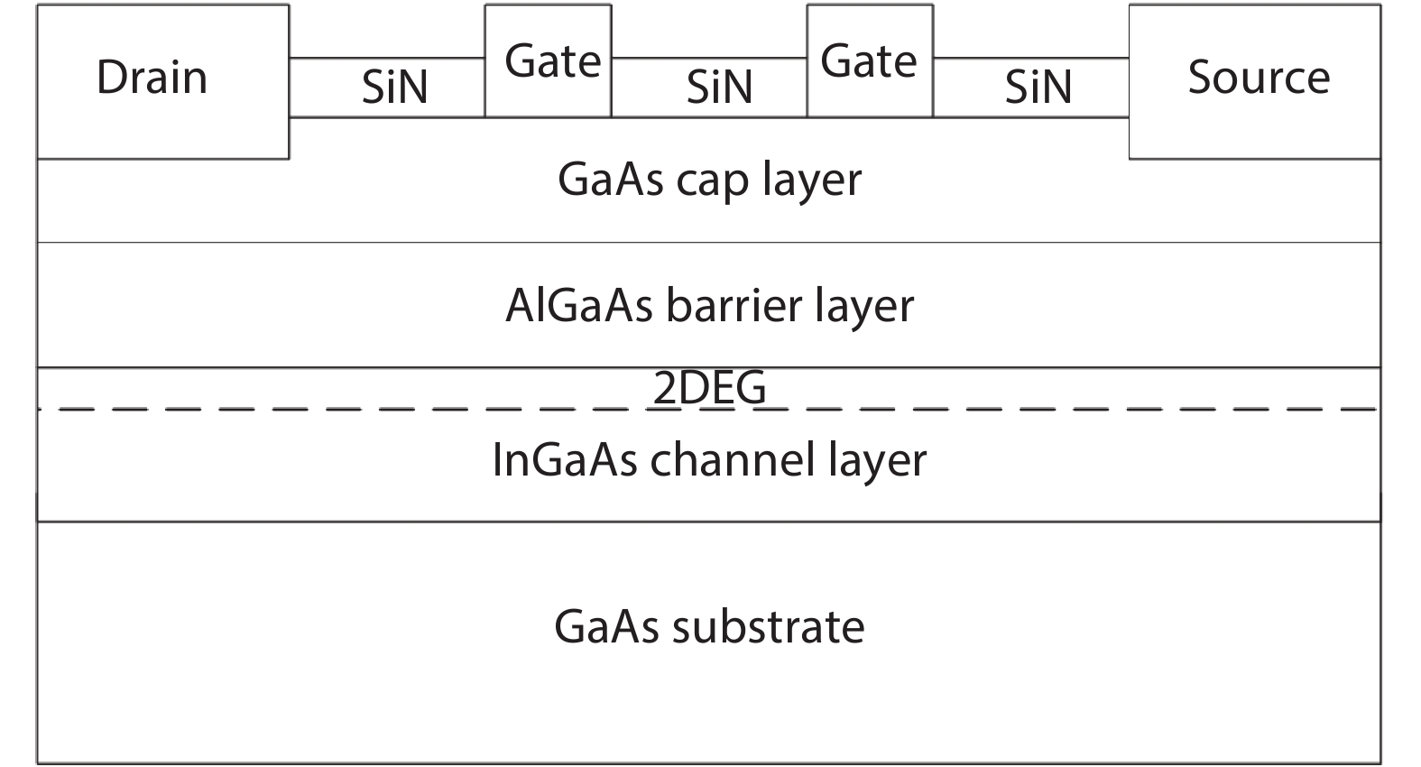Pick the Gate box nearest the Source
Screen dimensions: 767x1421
tap(870, 61)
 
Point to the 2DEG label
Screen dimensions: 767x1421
tap(709, 388)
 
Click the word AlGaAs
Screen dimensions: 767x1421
tap(578, 305)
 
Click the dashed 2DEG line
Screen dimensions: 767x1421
tap(271, 410)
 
